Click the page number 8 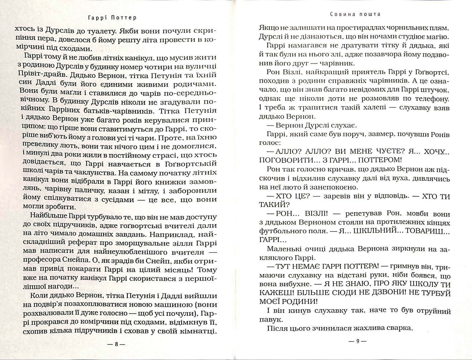[x=116, y=344]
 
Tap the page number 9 [x=358, y=342]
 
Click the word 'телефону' [x=430, y=99]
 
